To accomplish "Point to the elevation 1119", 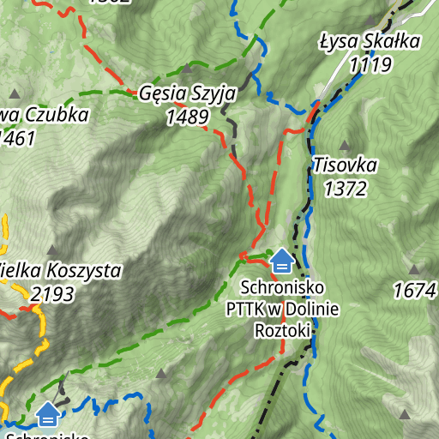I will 370,64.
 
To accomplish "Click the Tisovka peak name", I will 345,165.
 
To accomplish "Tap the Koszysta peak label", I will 60,272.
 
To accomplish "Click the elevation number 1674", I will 415,292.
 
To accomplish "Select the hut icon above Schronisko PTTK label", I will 281,259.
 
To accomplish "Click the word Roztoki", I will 282,329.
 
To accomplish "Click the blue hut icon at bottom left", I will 48,414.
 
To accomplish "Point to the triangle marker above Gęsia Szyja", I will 187,69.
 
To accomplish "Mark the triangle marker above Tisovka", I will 345,145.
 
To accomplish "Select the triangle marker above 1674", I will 415,268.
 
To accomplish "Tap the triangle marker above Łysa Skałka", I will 370,21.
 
